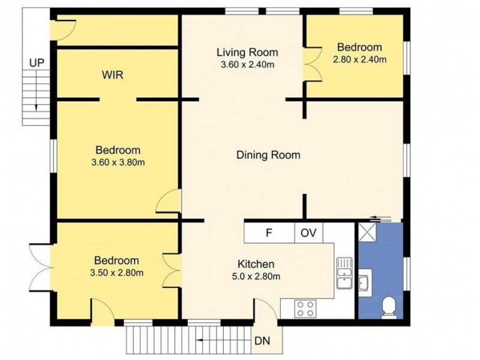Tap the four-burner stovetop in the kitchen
click(x=305, y=309)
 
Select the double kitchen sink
click(x=344, y=273)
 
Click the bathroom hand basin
click(x=365, y=283)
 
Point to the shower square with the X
click(x=367, y=232)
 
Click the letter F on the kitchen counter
click(x=269, y=233)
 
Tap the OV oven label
click(x=308, y=233)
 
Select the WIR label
click(x=113, y=74)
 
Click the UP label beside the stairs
click(x=37, y=63)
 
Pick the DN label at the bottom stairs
click(x=262, y=341)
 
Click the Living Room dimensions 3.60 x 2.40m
click(x=247, y=65)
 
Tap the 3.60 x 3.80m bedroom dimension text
click(x=118, y=162)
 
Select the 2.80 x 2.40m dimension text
click(x=359, y=59)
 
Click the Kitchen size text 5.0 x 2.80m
click(x=256, y=277)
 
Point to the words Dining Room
click(x=268, y=155)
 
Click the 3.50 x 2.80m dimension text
click(x=117, y=272)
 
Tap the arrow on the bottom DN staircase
click(x=225, y=340)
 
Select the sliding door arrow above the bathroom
click(x=380, y=218)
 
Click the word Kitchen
click(x=256, y=264)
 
